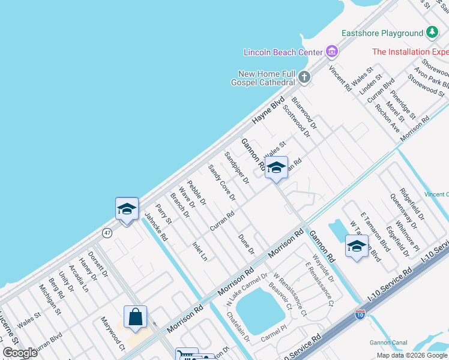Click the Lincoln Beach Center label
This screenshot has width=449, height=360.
[283, 52]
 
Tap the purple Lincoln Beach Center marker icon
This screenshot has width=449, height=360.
[331, 52]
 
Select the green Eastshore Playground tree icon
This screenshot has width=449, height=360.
[432, 33]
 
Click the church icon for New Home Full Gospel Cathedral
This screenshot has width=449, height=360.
[304, 77]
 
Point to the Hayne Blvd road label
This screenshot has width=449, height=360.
[268, 112]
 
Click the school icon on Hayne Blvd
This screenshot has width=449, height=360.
[127, 209]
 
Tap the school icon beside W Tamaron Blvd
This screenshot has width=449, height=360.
[357, 246]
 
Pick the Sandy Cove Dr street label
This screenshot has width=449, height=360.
[221, 183]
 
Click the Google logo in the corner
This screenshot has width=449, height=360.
[20, 352]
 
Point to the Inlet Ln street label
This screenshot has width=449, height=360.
[199, 251]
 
